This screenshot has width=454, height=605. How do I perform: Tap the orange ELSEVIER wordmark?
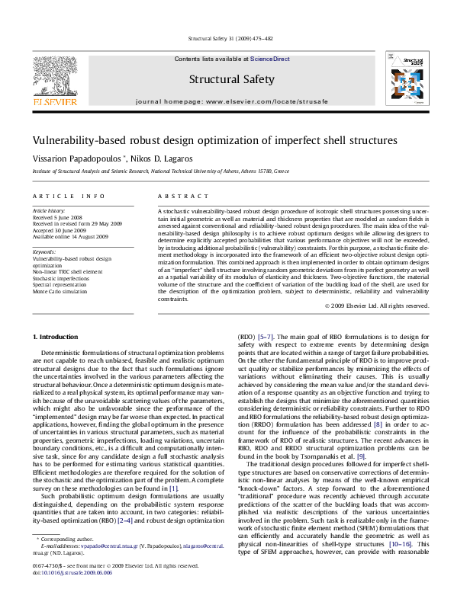pos(54,101)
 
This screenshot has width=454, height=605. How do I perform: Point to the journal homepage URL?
pos(227,101)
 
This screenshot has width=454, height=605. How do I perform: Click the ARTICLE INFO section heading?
pos(69,196)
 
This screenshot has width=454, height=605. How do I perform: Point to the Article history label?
pos(49,210)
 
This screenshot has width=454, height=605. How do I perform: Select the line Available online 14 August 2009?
pos(70,236)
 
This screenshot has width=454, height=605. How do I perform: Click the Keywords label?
pos(44,251)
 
